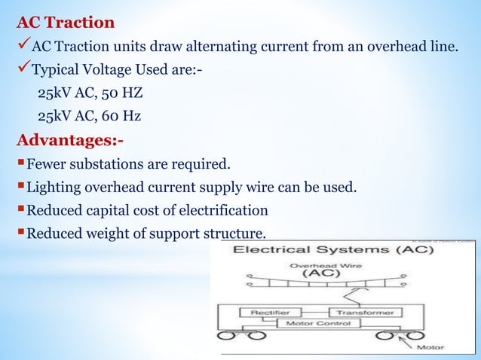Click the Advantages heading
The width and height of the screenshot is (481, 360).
[70, 140]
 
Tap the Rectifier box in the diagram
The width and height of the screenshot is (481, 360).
[264, 312]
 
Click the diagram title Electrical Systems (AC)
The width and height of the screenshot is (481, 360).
[326, 249]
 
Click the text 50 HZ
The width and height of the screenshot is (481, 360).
[122, 94]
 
